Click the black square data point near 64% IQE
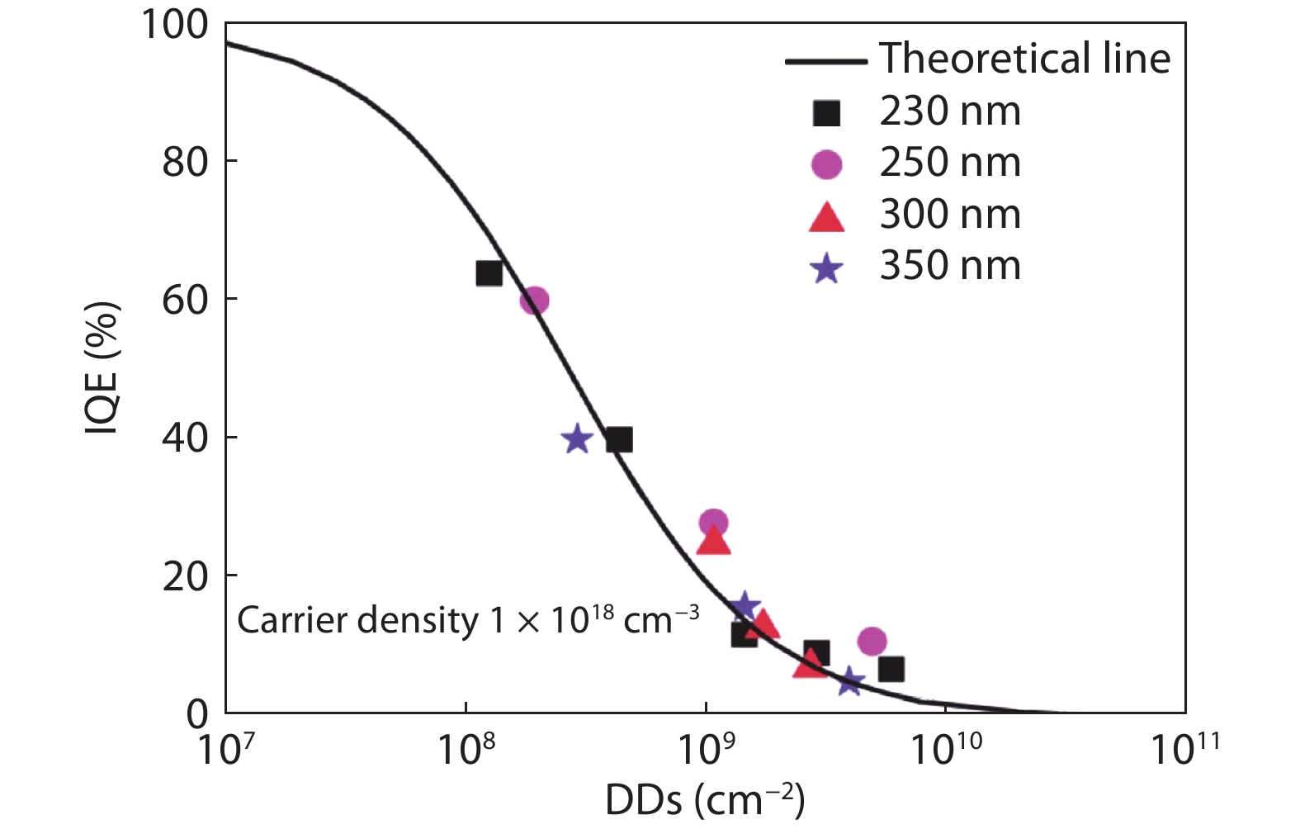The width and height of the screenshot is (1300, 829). pyautogui.click(x=489, y=273)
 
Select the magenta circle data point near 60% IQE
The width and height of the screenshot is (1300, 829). pyautogui.click(x=535, y=301)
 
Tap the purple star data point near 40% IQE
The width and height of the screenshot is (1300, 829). pyautogui.click(x=577, y=439)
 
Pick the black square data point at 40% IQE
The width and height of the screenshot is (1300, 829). pyautogui.click(x=619, y=440)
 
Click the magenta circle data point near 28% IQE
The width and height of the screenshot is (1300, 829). pyautogui.click(x=714, y=523)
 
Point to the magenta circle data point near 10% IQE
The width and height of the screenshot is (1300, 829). pyautogui.click(x=872, y=641)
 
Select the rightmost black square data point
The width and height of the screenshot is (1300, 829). pyautogui.click(x=891, y=669)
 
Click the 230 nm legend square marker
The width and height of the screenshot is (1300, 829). pyautogui.click(x=826, y=113)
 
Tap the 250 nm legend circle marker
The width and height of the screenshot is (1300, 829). pyautogui.click(x=826, y=164)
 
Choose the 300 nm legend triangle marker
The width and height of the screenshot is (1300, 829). pyautogui.click(x=826, y=217)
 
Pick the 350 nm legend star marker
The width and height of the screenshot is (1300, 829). pyautogui.click(x=826, y=268)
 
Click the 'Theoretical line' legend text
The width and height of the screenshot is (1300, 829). pyautogui.click(x=1024, y=59)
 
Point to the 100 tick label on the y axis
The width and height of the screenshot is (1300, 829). pyautogui.click(x=175, y=25)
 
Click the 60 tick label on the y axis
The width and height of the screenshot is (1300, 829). pyautogui.click(x=185, y=300)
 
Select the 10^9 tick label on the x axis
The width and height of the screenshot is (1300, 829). pyautogui.click(x=706, y=748)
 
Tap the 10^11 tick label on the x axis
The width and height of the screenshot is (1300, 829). pyautogui.click(x=1184, y=748)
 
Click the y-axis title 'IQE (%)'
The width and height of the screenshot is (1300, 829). pyautogui.click(x=102, y=368)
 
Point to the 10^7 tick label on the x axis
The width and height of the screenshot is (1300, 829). pyautogui.click(x=225, y=748)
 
